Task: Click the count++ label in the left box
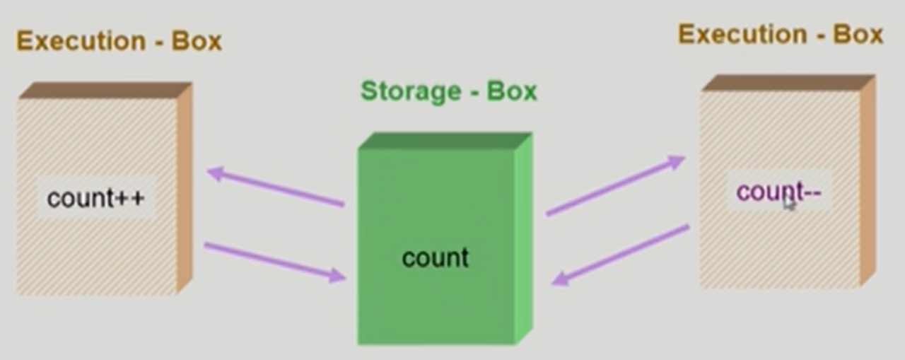tap(95, 198)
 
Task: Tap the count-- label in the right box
tap(778, 192)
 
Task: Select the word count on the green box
tap(435, 257)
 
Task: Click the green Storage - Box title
tap(448, 91)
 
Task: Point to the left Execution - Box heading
tap(119, 41)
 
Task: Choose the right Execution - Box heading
tap(780, 34)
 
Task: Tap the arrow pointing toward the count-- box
tap(615, 185)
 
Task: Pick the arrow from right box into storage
tap(621, 255)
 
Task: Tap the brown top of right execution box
tap(788, 83)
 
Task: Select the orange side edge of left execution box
tap(184, 187)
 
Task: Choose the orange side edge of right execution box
tap(868, 180)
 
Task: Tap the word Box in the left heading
tap(197, 41)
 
